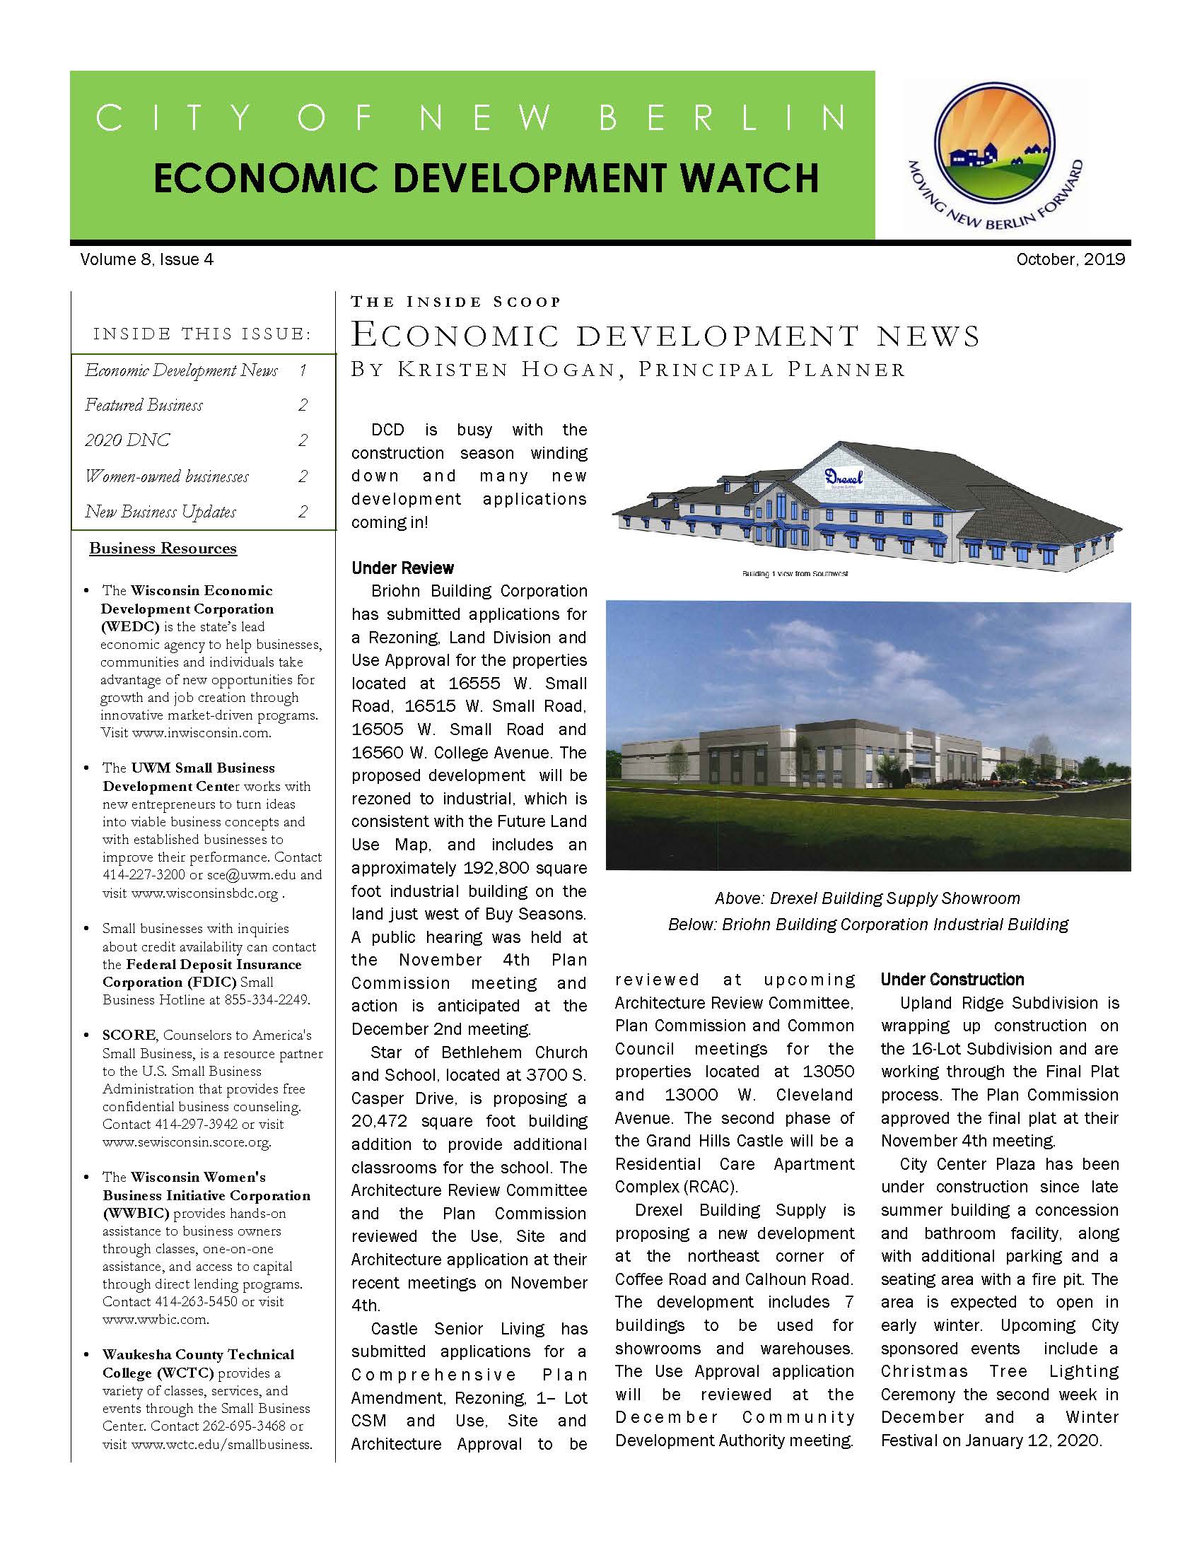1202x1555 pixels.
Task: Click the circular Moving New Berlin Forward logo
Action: click(x=994, y=152)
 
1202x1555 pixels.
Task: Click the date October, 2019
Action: click(x=1070, y=259)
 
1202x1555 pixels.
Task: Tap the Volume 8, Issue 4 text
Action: click(x=146, y=259)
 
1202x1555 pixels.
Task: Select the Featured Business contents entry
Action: click(x=144, y=405)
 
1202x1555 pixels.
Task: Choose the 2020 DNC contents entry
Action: click(x=127, y=440)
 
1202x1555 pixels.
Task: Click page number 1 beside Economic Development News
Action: click(x=303, y=370)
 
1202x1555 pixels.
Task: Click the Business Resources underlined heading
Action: click(x=163, y=548)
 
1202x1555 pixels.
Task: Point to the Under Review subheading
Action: click(x=402, y=568)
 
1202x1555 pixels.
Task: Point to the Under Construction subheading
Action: click(x=952, y=979)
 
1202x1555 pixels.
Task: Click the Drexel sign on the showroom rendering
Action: click(x=844, y=477)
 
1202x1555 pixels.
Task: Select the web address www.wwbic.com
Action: click(x=155, y=1320)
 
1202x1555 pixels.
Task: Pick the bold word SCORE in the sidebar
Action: click(x=129, y=1035)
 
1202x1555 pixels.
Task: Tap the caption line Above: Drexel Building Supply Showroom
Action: click(x=868, y=898)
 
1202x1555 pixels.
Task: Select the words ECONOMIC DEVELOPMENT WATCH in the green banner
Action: click(x=486, y=178)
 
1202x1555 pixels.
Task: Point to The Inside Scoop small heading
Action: click(x=456, y=302)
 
